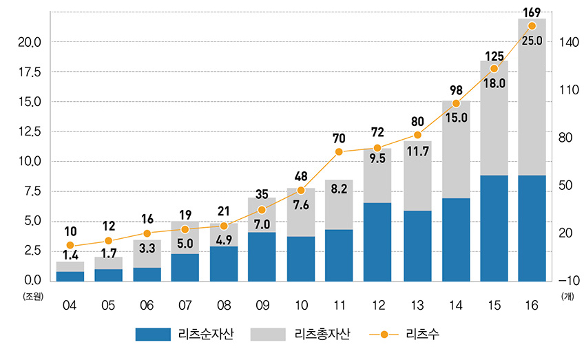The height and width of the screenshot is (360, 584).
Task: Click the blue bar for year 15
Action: click(493, 228)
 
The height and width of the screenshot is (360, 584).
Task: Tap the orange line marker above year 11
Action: click(339, 151)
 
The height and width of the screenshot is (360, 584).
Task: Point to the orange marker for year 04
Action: click(70, 245)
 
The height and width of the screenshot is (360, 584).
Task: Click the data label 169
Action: click(532, 12)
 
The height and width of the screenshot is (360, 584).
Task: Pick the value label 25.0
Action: click(532, 41)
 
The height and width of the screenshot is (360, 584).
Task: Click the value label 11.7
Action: click(417, 167)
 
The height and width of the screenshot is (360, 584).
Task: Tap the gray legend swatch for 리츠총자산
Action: click(267, 335)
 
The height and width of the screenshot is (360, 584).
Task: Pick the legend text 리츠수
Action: click(424, 335)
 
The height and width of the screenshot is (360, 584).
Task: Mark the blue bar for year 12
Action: click(377, 242)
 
